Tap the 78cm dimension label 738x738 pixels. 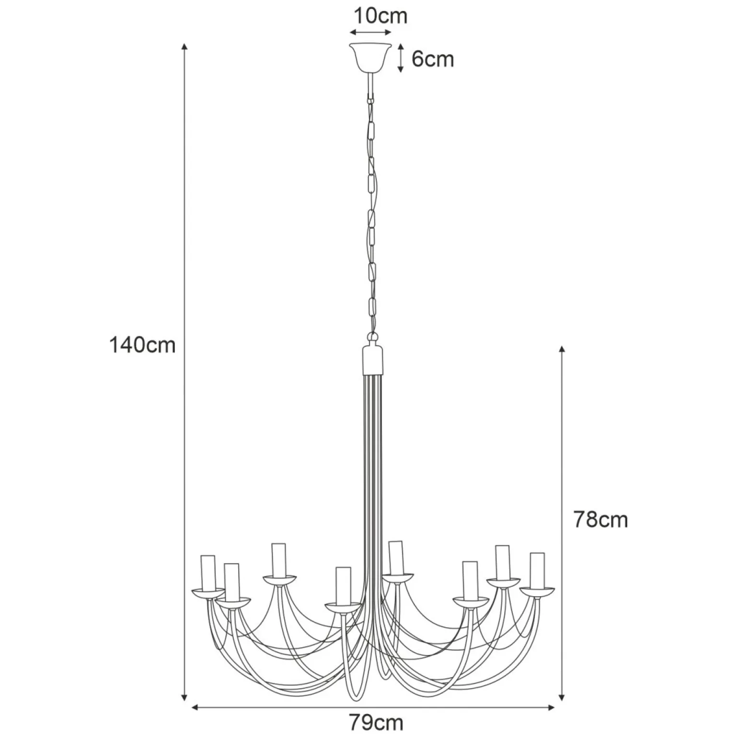[600, 520]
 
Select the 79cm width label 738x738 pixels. [376, 722]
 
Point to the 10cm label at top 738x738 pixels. [381, 16]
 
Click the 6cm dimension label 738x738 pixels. [433, 59]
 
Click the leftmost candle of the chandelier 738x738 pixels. [208, 573]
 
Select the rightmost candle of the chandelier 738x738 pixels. [537, 570]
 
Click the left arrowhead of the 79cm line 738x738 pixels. [195, 707]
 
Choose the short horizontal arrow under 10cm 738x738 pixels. [371, 33]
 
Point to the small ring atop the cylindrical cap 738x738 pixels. [372, 337]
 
